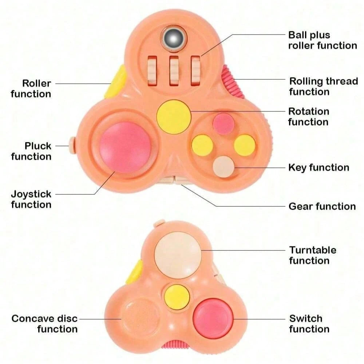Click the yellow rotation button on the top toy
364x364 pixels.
[x=174, y=116]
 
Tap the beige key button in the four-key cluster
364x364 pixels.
[x=224, y=167]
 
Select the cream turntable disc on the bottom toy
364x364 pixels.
[x=177, y=254]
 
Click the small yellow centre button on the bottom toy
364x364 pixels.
[x=176, y=295]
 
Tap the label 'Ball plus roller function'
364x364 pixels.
[x=323, y=40]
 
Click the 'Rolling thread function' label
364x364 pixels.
[x=323, y=86]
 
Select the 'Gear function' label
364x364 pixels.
[x=322, y=206]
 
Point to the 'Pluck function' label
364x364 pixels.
[x=32, y=151]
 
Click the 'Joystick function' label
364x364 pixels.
[x=31, y=199]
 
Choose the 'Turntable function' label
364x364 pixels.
[x=313, y=255]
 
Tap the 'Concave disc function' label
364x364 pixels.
[x=45, y=324]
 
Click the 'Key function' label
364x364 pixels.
[x=318, y=167]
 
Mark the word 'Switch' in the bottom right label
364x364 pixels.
[x=306, y=318]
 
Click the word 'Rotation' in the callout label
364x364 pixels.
[x=309, y=111]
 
